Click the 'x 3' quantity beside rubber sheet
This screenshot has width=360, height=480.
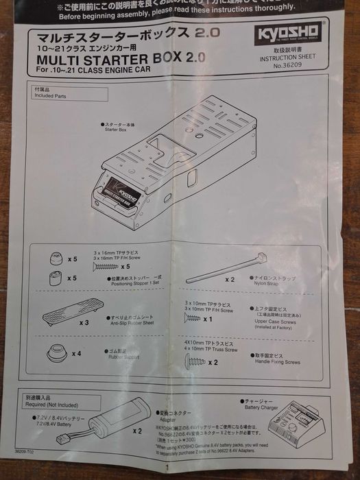[85, 322]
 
